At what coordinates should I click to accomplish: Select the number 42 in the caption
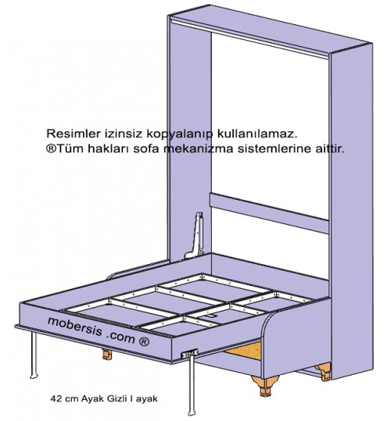pos(56,398)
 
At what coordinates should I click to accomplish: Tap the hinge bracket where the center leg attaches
pos(189,354)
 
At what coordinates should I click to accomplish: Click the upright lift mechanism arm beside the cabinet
pos(196,236)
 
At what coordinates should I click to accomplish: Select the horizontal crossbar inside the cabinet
pos(269,213)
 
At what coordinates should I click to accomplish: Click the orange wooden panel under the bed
pos(244,351)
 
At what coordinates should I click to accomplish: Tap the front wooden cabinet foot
pos(265,386)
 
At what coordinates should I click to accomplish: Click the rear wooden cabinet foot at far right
pos(323,370)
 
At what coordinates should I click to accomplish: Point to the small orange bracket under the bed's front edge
pos(107,354)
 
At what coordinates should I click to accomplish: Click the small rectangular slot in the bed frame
pos(210,317)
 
